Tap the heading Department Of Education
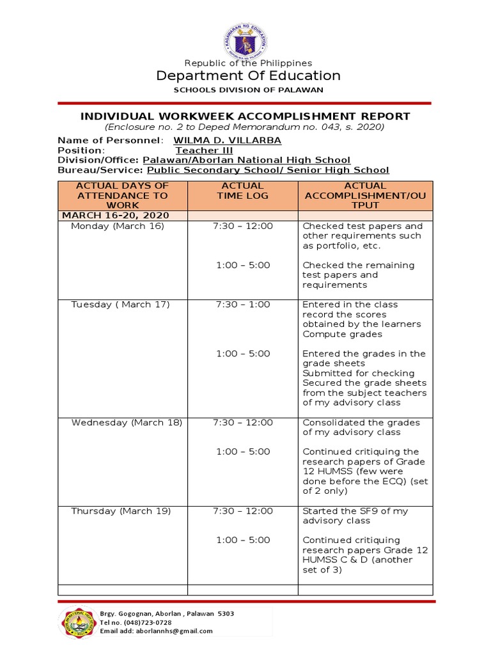tap(249, 76)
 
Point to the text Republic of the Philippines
tap(248, 63)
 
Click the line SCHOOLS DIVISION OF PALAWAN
tap(249, 90)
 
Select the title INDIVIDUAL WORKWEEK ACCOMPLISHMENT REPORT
tap(245, 116)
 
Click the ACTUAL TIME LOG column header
tap(242, 191)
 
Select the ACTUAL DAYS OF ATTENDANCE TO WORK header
tap(122, 195)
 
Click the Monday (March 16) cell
tap(118, 226)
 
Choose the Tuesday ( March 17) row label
tap(120, 304)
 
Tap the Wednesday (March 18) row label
tap(127, 422)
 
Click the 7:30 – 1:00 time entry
tap(243, 304)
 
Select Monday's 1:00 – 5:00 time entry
tap(243, 265)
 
